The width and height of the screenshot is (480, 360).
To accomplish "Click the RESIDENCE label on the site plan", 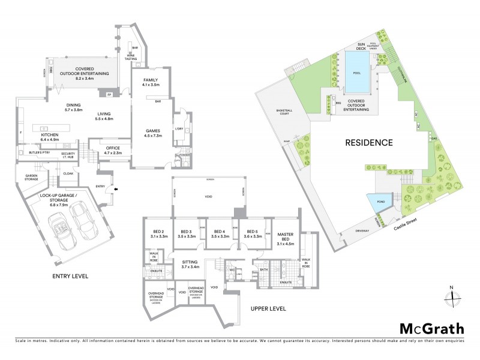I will (x=368, y=143).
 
